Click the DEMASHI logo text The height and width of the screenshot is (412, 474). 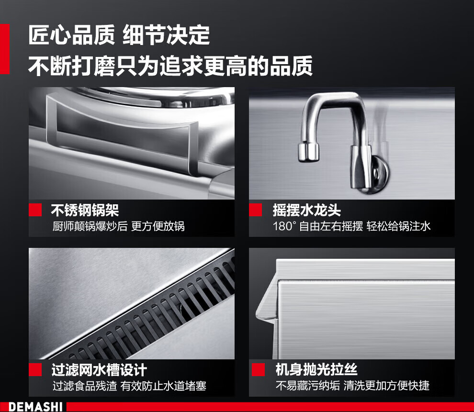[x=35, y=407]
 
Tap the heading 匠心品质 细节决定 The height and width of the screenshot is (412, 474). [x=119, y=35]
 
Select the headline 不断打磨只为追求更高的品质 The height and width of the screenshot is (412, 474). [x=170, y=66]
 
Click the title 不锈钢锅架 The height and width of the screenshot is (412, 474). [x=85, y=210]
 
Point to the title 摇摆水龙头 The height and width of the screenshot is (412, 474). [x=306, y=210]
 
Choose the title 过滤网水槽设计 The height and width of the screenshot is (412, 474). [x=99, y=370]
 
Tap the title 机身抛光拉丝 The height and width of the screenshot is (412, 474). [x=316, y=369]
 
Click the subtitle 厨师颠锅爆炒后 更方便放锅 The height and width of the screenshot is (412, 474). [x=119, y=226]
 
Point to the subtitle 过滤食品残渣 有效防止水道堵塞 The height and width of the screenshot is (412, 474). [x=129, y=386]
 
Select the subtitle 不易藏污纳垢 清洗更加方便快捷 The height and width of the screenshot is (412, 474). [x=352, y=385]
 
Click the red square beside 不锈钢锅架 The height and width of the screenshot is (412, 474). [x=35, y=210]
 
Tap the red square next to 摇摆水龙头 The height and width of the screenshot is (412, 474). [x=256, y=210]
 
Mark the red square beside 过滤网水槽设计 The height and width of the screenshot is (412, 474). [x=35, y=369]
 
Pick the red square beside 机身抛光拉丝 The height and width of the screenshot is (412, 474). [x=258, y=369]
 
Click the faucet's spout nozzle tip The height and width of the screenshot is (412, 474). [x=308, y=152]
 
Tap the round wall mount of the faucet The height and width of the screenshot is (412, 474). [x=379, y=175]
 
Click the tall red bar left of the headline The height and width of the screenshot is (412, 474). [x=4, y=49]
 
